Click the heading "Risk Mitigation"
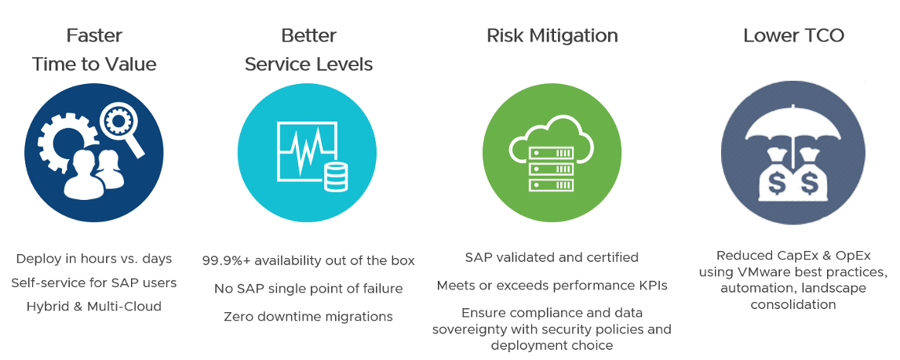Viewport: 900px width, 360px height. [552, 35]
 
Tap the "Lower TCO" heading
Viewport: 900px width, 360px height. [794, 35]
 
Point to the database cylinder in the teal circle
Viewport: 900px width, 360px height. [336, 176]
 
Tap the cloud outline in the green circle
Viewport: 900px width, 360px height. [551, 140]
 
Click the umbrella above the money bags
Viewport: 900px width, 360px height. [793, 129]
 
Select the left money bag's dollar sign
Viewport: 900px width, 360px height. [776, 184]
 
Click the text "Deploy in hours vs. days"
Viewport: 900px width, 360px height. [94, 259]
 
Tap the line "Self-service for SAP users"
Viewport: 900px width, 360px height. [94, 282]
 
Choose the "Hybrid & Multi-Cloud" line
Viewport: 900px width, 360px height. [94, 306]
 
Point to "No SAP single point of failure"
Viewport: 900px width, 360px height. [308, 288]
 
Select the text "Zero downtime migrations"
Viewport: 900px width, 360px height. [308, 316]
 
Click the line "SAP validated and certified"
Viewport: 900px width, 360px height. [552, 257]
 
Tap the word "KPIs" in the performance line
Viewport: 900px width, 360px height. [653, 285]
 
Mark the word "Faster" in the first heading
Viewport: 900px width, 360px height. [94, 35]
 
